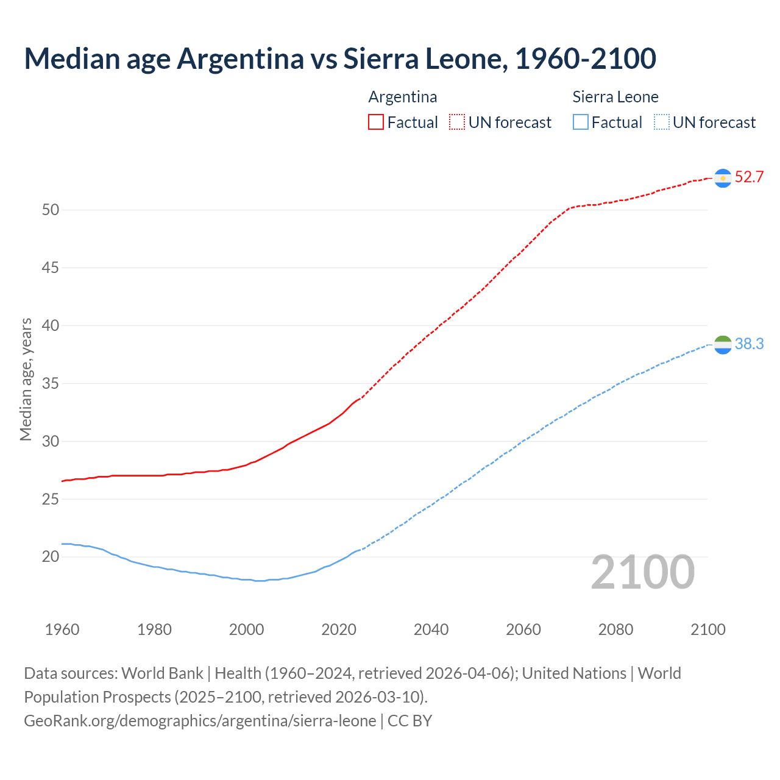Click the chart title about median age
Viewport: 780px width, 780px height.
pyautogui.click(x=340, y=58)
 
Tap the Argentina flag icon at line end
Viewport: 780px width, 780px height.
pyautogui.click(x=723, y=178)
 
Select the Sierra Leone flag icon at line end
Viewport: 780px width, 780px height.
pyautogui.click(x=723, y=344)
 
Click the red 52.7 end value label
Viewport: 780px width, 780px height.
pyautogui.click(x=749, y=177)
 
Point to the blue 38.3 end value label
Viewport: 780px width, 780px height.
pyautogui.click(x=749, y=344)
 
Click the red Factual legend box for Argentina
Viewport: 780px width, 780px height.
pyautogui.click(x=376, y=122)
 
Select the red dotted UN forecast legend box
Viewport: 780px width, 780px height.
pyautogui.click(x=457, y=122)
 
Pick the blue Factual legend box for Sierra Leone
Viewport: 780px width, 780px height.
pyautogui.click(x=581, y=122)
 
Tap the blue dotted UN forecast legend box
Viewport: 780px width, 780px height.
pyautogui.click(x=661, y=122)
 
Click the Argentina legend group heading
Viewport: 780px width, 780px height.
pyautogui.click(x=403, y=97)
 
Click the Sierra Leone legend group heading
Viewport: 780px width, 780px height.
pyautogui.click(x=615, y=97)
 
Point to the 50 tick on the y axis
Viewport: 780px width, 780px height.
pyautogui.click(x=51, y=210)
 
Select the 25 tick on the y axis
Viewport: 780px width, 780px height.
pyautogui.click(x=51, y=499)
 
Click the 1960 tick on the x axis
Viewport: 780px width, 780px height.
pyautogui.click(x=62, y=629)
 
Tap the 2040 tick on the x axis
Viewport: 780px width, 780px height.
pyautogui.click(x=431, y=629)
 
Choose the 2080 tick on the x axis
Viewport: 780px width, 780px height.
pyautogui.click(x=615, y=629)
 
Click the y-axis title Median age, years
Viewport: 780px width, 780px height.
pyautogui.click(x=26, y=379)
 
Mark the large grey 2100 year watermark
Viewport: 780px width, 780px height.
pyautogui.click(x=642, y=572)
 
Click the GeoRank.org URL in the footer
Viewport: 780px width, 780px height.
pyautogui.click(x=200, y=721)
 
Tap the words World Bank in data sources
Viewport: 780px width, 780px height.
pyautogui.click(x=162, y=673)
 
